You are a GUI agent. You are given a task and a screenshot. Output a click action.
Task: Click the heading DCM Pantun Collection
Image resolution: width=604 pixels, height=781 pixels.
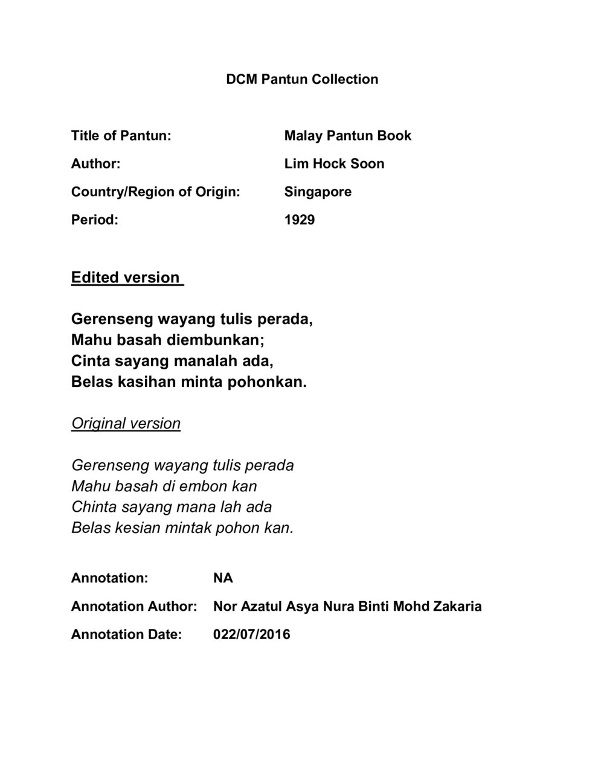pos(302,79)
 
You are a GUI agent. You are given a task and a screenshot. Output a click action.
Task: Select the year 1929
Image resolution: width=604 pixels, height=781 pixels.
pos(299,220)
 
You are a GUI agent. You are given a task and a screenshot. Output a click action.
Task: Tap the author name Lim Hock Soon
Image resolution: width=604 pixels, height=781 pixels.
pos(334,164)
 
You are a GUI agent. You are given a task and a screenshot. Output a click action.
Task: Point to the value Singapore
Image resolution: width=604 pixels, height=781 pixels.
pos(318,192)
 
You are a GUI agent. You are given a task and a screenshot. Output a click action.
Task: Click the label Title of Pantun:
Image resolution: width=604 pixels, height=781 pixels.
pos(121,135)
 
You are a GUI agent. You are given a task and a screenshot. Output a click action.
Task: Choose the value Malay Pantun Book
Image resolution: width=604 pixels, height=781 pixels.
pos(347,135)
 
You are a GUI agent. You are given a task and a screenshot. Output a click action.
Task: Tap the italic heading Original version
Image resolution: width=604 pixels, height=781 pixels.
pos(126,423)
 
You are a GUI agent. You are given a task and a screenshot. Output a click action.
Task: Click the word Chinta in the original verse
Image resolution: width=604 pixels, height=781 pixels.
pos(91,506)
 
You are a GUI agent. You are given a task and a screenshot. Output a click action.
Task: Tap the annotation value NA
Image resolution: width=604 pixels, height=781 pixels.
pos(223,578)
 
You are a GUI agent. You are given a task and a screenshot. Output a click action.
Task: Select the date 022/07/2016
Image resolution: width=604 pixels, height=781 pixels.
pos(251,634)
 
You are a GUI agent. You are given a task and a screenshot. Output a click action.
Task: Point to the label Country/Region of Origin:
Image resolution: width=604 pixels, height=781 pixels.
pos(155,192)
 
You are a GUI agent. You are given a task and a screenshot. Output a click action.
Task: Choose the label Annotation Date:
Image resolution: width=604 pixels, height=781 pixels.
pos(126,634)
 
